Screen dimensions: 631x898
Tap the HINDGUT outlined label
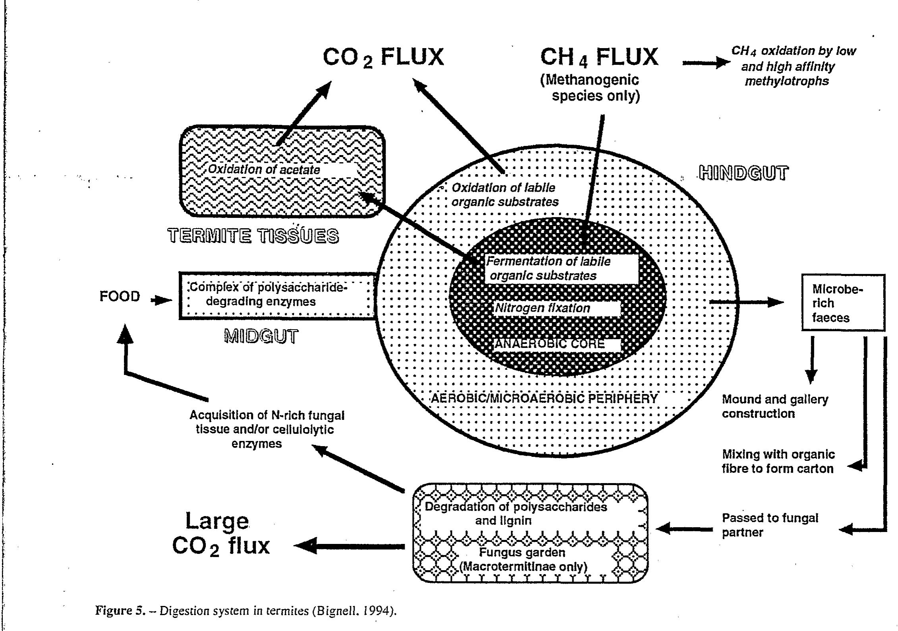[x=743, y=173]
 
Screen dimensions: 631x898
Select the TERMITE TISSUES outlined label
[x=253, y=236]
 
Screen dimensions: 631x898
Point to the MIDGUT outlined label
[x=261, y=336]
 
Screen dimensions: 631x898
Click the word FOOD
[x=120, y=296]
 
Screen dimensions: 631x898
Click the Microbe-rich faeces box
[x=843, y=303]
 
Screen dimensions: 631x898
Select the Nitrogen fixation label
[x=543, y=308]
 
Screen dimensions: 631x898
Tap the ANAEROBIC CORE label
[x=550, y=344]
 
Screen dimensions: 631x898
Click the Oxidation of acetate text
[x=264, y=170]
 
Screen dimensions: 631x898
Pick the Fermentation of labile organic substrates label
[x=548, y=268]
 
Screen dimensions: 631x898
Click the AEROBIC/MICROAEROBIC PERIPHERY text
[x=544, y=398]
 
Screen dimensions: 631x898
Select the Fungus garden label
[x=521, y=553]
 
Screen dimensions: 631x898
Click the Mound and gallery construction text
[x=774, y=406]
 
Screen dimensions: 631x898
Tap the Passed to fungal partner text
[x=770, y=525]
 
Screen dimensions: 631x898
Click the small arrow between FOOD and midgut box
[x=161, y=300]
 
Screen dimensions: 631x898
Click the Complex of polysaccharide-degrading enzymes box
[x=277, y=295]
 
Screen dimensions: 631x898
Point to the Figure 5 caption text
[x=246, y=610]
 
